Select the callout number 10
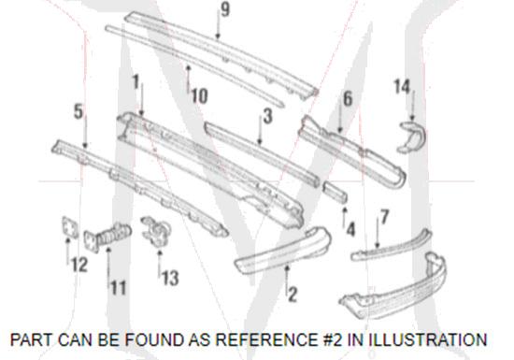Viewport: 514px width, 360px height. (199, 95)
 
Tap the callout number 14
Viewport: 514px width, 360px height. (402, 87)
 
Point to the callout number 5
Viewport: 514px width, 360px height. (79, 111)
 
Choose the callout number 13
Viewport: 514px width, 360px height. (170, 278)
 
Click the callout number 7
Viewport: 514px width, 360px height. (384, 217)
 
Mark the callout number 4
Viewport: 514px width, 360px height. (350, 229)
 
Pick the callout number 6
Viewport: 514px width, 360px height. (348, 98)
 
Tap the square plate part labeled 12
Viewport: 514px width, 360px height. (70, 227)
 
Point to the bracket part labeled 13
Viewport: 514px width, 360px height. (157, 231)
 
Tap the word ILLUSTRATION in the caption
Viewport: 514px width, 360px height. (428, 339)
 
